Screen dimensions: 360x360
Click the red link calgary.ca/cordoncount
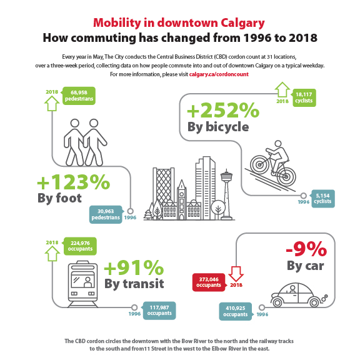coord(219,74)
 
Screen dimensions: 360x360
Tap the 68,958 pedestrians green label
coord(79,96)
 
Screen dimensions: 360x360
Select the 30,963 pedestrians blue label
coord(106,214)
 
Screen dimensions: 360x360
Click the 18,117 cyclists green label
coord(303,97)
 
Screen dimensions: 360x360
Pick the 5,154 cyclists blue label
coord(322,199)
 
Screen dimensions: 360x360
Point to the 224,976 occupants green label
coord(80,246)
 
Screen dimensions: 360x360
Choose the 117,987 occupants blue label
coord(159,311)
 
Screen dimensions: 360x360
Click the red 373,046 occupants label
coord(209,282)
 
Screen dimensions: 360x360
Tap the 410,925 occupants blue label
coord(236,311)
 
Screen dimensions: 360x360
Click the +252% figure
coord(223,111)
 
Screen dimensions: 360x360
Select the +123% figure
coord(74,182)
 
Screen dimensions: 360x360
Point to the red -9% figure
coord(306,249)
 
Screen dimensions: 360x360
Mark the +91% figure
coord(134,267)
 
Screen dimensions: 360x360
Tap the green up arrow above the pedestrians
coord(52,103)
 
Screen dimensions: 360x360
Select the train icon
coord(83,284)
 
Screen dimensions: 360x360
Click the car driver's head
coord(292,287)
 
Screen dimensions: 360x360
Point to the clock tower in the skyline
coord(182,200)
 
